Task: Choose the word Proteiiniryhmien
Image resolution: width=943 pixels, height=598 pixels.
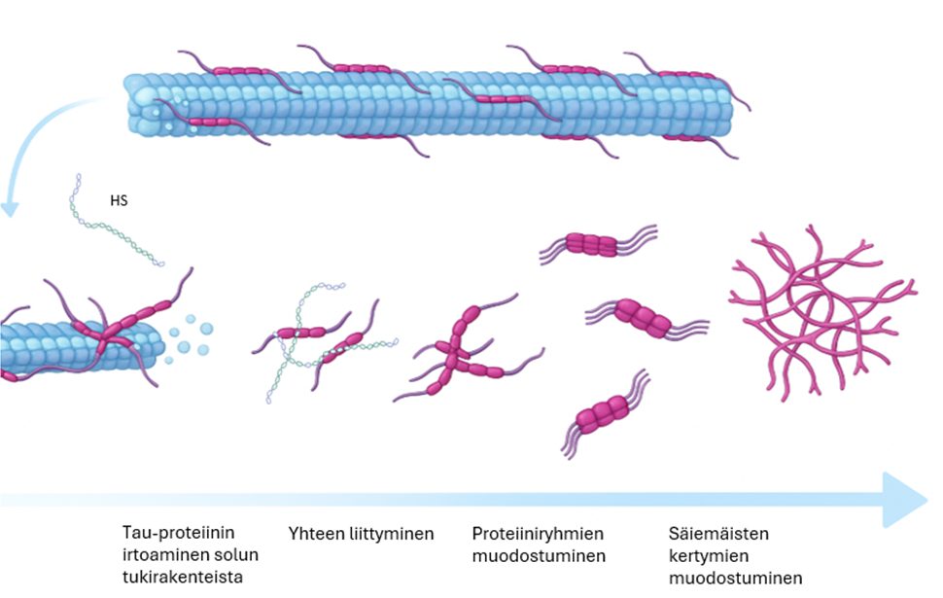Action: (538, 534)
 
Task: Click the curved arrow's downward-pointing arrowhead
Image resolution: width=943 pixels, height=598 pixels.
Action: (11, 207)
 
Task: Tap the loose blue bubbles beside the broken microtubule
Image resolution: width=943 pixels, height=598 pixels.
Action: (192, 336)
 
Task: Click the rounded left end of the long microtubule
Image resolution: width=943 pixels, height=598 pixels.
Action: (135, 105)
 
